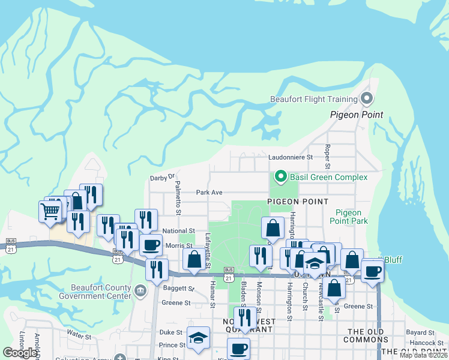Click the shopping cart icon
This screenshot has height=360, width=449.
click(50, 210)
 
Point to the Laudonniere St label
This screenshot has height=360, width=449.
click(291, 157)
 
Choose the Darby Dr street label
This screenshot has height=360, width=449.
click(162, 178)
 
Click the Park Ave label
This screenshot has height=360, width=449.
click(209, 193)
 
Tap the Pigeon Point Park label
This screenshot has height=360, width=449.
click(348, 217)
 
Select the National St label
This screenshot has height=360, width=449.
click(179, 230)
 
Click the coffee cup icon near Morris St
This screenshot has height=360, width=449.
click(151, 245)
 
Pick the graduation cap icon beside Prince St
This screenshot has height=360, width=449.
click(198, 338)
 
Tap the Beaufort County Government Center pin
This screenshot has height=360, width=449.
click(140, 292)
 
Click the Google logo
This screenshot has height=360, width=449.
click(20, 353)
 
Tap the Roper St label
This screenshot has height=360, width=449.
click(327, 156)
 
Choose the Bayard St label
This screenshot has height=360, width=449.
click(420, 332)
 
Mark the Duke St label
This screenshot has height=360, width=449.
click(170, 332)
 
